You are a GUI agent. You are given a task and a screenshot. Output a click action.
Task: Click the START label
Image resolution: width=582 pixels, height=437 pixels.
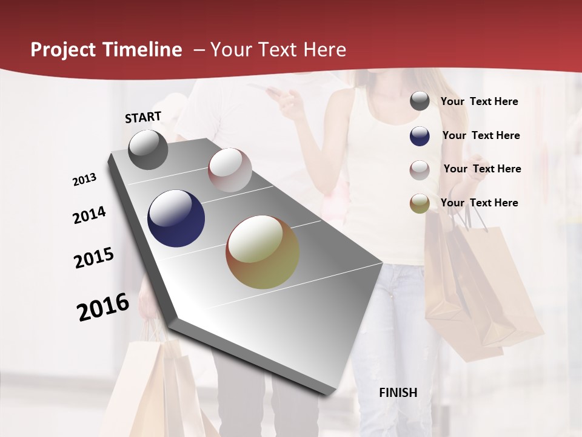[x=143, y=117]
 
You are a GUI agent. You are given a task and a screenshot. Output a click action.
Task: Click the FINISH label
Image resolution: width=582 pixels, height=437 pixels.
[x=398, y=393]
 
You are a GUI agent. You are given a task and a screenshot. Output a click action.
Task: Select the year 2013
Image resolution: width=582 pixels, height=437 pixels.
[x=84, y=180]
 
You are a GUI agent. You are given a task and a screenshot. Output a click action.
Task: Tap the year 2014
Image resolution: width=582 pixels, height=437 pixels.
[x=89, y=215]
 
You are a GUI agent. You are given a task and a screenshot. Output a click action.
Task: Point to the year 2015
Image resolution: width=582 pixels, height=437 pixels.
[x=94, y=258]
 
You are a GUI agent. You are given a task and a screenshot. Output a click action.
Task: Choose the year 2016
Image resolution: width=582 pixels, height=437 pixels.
[x=103, y=307]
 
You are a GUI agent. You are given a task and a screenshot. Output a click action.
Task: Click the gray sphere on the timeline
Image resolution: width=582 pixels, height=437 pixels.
[x=148, y=149]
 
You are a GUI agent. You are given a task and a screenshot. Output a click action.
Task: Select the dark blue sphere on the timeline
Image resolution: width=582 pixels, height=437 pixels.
[x=176, y=218]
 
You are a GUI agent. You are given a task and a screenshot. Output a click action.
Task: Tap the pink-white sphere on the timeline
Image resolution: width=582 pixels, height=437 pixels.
[x=230, y=170]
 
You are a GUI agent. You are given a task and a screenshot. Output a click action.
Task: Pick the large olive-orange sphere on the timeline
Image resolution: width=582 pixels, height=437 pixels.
[x=263, y=252]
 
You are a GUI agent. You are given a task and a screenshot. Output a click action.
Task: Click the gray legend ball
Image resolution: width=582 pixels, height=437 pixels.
[x=420, y=101]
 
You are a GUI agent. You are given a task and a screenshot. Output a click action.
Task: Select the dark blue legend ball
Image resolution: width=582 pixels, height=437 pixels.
[x=420, y=136]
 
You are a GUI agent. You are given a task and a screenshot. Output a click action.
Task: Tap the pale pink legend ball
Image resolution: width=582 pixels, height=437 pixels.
[x=420, y=170]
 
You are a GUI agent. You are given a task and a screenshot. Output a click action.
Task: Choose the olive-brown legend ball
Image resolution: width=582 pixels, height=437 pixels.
[x=420, y=204]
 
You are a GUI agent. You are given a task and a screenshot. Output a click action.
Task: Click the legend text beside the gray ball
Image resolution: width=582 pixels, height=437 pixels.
[x=479, y=101]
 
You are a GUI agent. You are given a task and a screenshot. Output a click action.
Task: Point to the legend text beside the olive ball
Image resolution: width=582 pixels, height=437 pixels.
[x=479, y=203]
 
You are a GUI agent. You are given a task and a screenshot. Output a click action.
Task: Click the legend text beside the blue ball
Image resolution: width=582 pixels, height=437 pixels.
[x=481, y=135]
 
